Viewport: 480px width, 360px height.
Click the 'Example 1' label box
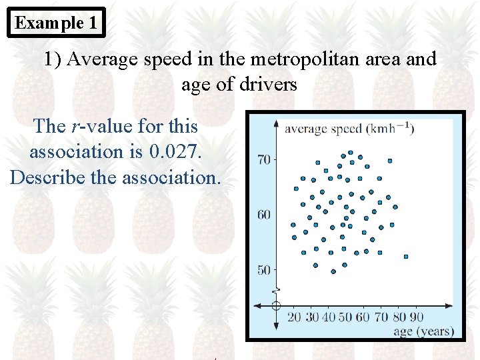point(57,23)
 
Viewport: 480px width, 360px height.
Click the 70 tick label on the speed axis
point(263,159)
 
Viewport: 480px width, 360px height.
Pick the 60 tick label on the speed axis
point(263,215)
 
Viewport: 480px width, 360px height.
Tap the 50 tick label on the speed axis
point(263,270)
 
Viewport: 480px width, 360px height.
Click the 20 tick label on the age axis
point(294,317)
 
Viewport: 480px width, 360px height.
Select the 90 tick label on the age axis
point(417,317)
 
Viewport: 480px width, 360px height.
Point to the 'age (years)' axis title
point(424,331)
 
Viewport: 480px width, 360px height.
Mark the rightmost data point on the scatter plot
point(406,256)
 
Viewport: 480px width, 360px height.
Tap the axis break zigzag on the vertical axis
point(276,291)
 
